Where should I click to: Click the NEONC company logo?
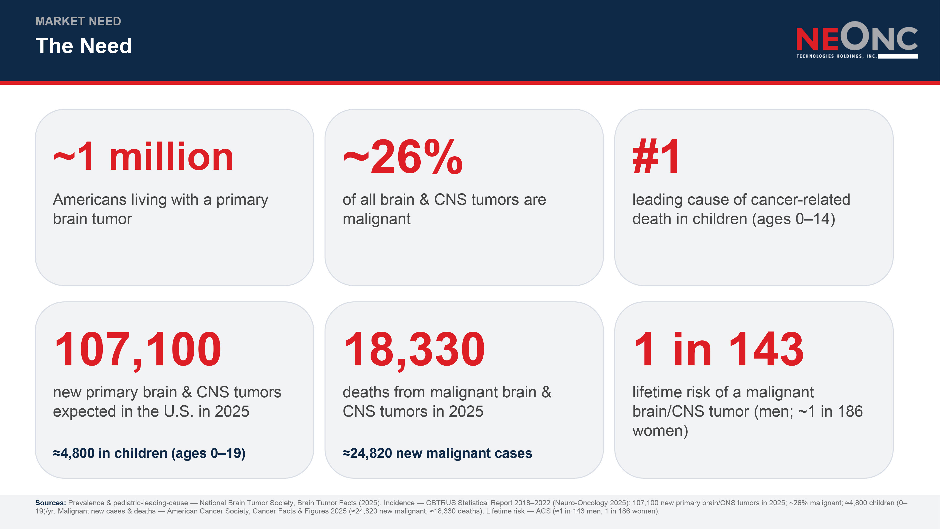click(857, 40)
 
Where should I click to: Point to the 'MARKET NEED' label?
click(78, 21)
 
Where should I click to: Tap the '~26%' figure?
click(403, 156)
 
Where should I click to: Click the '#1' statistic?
click(656, 156)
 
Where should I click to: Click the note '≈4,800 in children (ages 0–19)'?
click(149, 453)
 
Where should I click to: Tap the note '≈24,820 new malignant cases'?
click(437, 453)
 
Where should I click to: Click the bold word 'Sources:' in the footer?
click(50, 503)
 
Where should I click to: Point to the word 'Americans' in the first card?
click(90, 200)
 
